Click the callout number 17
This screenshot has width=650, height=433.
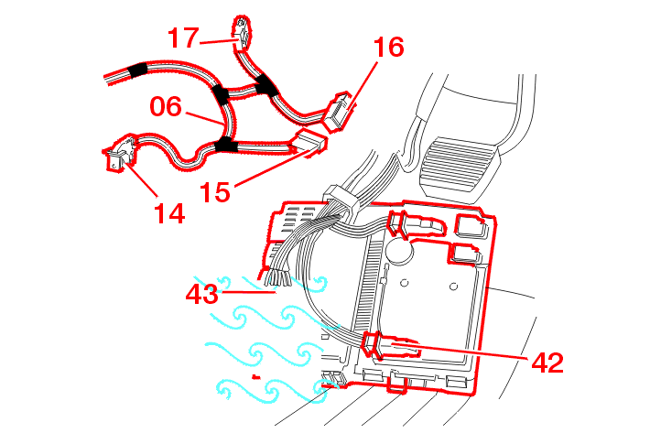(183, 38)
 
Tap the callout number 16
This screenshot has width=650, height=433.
(388, 47)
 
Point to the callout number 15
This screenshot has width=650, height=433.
(216, 191)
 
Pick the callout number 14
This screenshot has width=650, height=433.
(168, 213)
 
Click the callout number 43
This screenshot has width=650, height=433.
(202, 294)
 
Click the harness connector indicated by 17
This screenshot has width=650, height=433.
(244, 31)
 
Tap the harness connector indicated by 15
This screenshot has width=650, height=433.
(309, 142)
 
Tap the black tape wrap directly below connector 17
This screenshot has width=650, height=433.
(266, 85)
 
